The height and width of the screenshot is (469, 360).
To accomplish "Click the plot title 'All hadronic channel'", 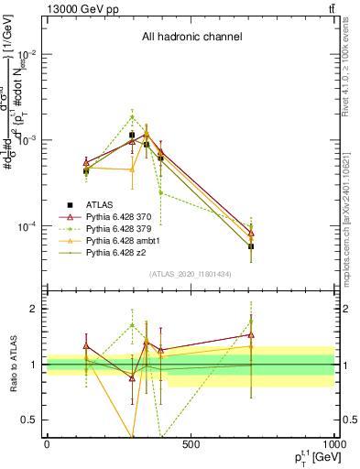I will click(191, 38).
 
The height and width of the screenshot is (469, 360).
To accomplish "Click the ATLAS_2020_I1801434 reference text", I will click(191, 274).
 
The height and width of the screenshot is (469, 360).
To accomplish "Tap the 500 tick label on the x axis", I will click(191, 444).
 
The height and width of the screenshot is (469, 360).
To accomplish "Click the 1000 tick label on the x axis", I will click(333, 444).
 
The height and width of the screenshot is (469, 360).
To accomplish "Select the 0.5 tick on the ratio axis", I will click(33, 420).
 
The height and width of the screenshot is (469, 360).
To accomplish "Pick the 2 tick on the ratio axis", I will click(37, 309).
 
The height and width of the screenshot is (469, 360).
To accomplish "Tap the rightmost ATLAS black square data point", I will click(251, 246).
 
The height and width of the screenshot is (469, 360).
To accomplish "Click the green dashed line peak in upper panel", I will click(132, 116).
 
